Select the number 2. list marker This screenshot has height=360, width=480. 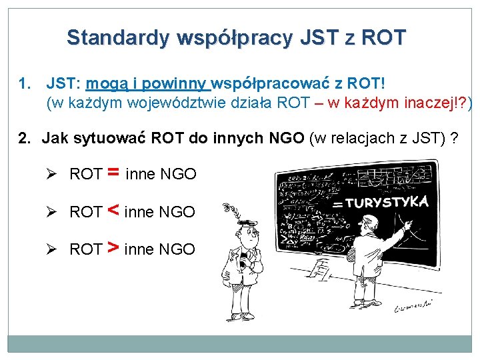coord(25,139)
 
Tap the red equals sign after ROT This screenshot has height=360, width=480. coord(113,173)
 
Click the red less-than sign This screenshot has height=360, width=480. coord(113,211)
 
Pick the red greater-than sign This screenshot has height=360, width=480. coord(113,249)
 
